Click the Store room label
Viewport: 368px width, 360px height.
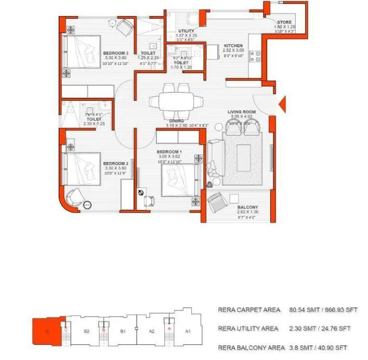click(285, 22)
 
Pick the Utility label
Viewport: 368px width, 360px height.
click(186, 31)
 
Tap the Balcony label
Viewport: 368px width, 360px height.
click(247, 207)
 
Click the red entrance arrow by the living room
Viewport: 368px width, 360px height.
click(282, 104)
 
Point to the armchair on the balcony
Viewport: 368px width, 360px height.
click(215, 201)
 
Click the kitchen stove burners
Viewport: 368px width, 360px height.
click(255, 56)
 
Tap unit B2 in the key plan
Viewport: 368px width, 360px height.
click(87, 330)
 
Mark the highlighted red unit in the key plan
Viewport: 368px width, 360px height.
click(46, 329)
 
